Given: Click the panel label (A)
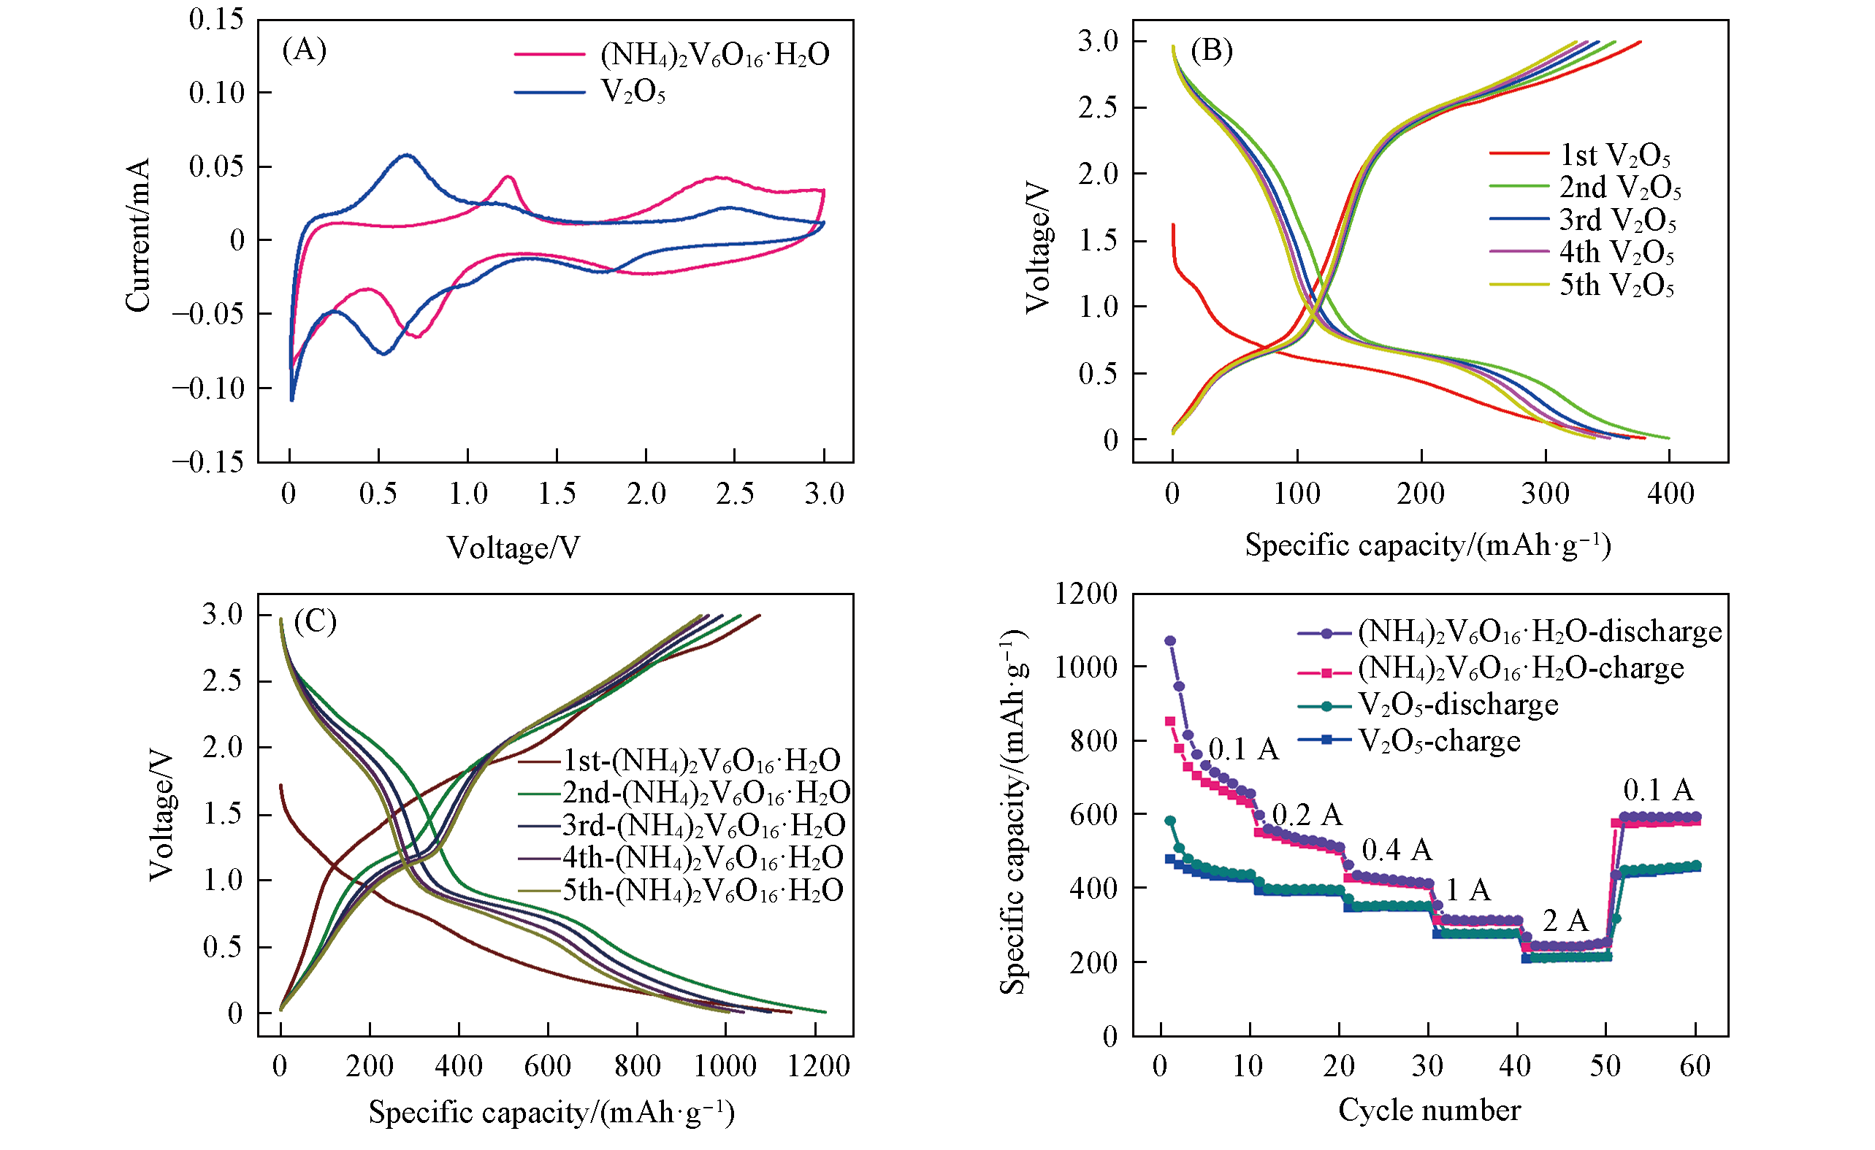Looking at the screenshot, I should click(305, 50).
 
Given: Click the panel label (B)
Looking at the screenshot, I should click(1212, 50).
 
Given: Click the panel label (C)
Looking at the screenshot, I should click(315, 621).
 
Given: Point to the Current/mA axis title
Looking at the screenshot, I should click(138, 236).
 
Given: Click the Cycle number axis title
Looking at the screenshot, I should click(1429, 1111).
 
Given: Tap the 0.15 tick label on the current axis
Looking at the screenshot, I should click(217, 20).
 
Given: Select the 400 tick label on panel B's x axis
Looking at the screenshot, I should click(1670, 494).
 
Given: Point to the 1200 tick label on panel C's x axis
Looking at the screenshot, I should click(819, 1066).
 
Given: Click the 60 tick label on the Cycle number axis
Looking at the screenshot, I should click(1695, 1066).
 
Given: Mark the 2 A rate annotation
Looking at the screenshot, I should click(1565, 921).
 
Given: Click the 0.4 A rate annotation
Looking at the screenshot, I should click(1397, 851).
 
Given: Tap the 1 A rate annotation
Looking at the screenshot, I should click(1467, 889).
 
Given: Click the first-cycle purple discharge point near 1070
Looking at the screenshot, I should click(1170, 641).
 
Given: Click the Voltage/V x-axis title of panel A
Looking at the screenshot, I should click(513, 548).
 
